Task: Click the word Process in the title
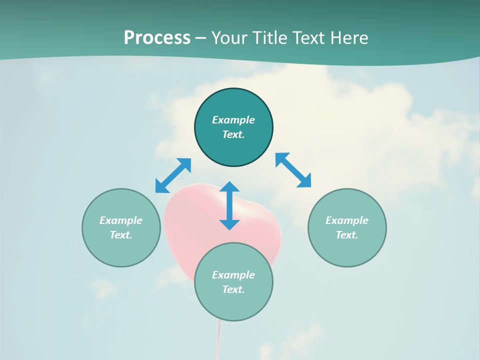[x=157, y=38]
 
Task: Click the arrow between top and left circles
[x=173, y=175]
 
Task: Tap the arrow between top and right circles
[x=293, y=170]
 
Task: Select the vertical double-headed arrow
[x=229, y=205]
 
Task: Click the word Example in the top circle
[x=233, y=120]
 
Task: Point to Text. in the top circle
[x=233, y=134]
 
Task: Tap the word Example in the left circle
[x=121, y=220]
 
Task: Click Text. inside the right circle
[x=347, y=235]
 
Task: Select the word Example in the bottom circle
[x=233, y=275]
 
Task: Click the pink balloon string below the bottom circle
[x=218, y=340]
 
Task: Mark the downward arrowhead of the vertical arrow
[x=229, y=224]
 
